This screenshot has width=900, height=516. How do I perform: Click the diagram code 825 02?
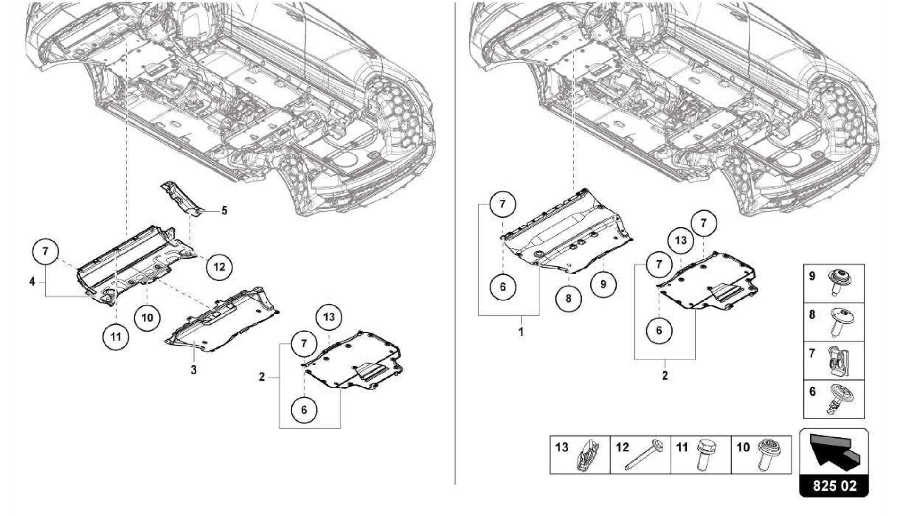pyautogui.click(x=834, y=486)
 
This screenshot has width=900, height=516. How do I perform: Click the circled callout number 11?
pyautogui.click(x=116, y=337)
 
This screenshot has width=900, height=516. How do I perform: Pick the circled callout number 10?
pyautogui.click(x=147, y=317)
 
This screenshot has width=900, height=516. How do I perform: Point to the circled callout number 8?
pyautogui.click(x=568, y=298)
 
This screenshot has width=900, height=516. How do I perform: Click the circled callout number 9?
pyautogui.click(x=603, y=284)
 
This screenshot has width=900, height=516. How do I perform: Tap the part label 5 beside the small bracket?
pyautogui.click(x=225, y=211)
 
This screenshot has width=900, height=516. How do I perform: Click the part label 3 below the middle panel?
pyautogui.click(x=193, y=370)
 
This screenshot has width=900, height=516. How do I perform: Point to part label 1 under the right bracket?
pyautogui.click(x=521, y=332)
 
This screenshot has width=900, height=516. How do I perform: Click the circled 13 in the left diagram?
pyautogui.click(x=329, y=316)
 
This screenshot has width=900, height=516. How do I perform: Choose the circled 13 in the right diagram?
pyautogui.click(x=680, y=240)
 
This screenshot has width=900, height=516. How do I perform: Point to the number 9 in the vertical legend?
pyautogui.click(x=812, y=276)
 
